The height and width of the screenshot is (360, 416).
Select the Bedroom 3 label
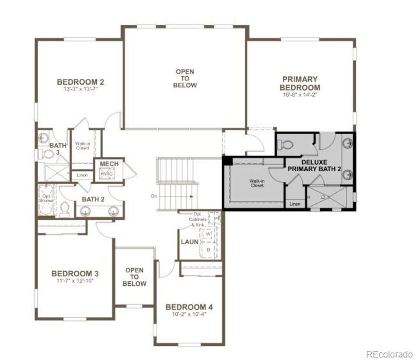[75, 273]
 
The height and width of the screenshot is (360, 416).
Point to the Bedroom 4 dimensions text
[189, 314]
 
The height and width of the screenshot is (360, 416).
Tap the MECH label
[109, 164]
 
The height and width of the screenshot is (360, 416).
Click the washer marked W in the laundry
[208, 234]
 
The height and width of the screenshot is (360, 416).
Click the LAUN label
[190, 242]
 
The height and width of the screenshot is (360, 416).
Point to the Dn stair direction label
[154, 196]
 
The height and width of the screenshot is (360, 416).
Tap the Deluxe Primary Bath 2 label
[314, 166]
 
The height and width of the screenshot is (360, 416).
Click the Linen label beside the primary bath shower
[295, 204]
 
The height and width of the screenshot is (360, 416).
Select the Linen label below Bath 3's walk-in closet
[82, 175]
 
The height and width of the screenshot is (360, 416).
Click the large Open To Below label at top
[185, 78]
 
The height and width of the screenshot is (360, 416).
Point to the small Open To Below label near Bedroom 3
[134, 277]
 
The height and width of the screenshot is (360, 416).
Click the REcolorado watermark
[389, 354]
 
